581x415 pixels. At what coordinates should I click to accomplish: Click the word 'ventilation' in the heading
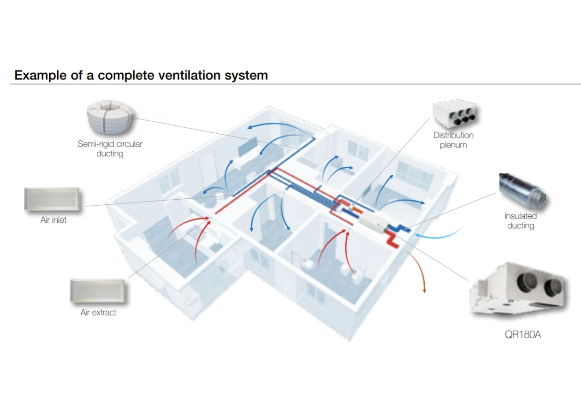pos(190,76)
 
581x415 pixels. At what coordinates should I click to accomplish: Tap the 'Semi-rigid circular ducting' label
pos(110,148)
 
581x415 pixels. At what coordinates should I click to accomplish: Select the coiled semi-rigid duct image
pos(110,117)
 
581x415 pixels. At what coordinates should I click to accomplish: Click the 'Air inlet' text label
pos(53,220)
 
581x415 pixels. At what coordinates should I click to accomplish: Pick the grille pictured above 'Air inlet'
pos(52,199)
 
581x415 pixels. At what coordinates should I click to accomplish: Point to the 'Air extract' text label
pos(98,312)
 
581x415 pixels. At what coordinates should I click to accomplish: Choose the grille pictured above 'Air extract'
pos(98,291)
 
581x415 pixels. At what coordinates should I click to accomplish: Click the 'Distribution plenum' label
pos(453,140)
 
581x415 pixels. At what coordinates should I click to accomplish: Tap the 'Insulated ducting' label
pos(520,221)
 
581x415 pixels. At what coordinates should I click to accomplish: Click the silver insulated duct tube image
pos(522,191)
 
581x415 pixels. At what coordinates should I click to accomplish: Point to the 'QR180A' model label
pos(522,335)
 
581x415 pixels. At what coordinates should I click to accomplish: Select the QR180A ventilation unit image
pos(518,290)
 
